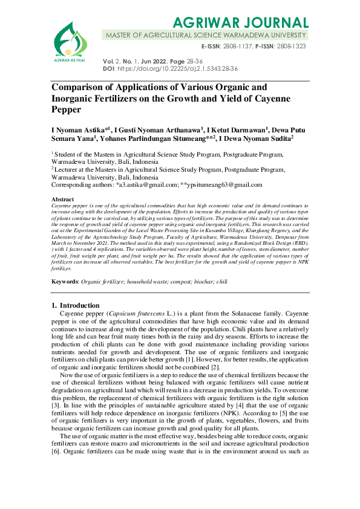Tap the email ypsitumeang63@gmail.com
point(224,186)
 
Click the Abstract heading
point(63,199)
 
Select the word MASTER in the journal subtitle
point(121,36)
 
